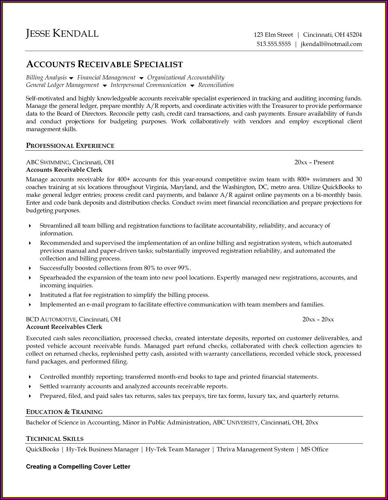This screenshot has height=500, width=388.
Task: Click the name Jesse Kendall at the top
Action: pyautogui.click(x=62, y=33)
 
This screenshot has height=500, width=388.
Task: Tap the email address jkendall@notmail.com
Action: pyautogui.click(x=331, y=44)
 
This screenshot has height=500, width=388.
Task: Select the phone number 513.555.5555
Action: pyautogui.click(x=274, y=44)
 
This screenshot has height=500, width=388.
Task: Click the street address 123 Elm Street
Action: pyautogui.click(x=273, y=35)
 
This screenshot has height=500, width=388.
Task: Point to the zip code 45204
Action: pyautogui.click(x=354, y=35)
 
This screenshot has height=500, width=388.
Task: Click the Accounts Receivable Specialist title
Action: pyautogui.click(x=105, y=64)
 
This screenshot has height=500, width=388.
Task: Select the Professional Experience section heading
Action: pyautogui.click(x=70, y=146)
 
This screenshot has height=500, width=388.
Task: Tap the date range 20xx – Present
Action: pyautogui.click(x=314, y=162)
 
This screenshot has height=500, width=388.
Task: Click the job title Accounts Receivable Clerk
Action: pyautogui.click(x=64, y=170)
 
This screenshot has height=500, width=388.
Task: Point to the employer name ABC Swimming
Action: pyautogui.click(x=47, y=162)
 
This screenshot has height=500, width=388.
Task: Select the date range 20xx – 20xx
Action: pyautogui.click(x=318, y=319)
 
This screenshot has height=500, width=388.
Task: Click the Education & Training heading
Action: pyautogui.click(x=64, y=412)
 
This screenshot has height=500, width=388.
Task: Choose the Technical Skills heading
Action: pyautogui.click(x=55, y=439)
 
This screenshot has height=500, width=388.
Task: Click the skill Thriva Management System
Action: pyautogui.click(x=255, y=449)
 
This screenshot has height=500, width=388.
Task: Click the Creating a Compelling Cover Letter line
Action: pyautogui.click(x=78, y=467)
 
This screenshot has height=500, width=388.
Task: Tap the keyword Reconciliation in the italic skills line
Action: pyautogui.click(x=216, y=85)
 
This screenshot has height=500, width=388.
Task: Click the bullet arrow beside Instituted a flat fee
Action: pyautogui.click(x=30, y=295)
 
